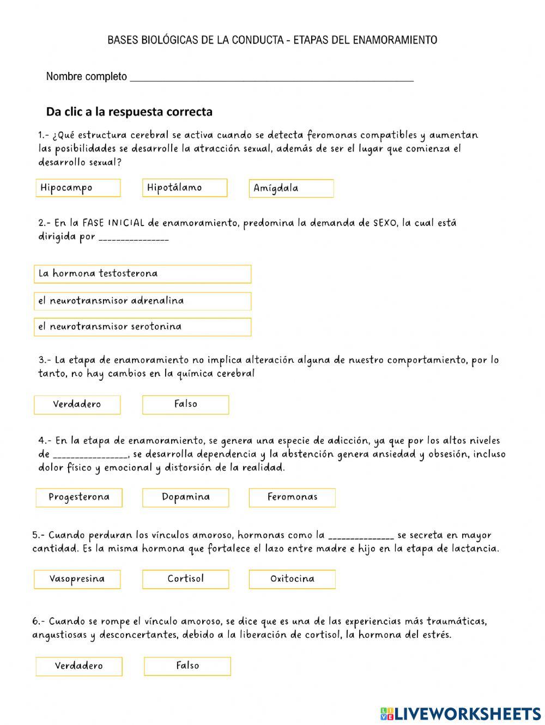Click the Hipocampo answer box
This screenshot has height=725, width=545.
pos(78,188)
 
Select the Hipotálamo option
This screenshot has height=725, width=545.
pos(185,188)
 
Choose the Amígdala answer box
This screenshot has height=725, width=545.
pos(291,188)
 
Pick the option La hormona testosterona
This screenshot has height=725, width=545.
pos(142,274)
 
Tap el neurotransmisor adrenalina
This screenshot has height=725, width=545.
pos(142,301)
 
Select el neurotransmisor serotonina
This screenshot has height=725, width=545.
pos(142,327)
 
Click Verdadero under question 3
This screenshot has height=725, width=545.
pos(77,405)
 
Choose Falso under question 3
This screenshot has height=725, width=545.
pos(185,405)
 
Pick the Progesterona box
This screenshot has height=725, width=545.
pos(79,497)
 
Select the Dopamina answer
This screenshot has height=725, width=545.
pos(185,497)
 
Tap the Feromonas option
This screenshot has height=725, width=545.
pos(292,497)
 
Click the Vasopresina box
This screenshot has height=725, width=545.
pos(77,579)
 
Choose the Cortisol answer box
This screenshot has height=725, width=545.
pos(185,579)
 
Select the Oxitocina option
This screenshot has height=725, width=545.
pos(292,579)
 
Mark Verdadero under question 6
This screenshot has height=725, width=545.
pos(79,666)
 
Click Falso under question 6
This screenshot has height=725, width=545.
pos(187,666)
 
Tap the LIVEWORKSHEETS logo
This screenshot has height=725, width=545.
pos(461,714)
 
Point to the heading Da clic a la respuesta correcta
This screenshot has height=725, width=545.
pos(129,112)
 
